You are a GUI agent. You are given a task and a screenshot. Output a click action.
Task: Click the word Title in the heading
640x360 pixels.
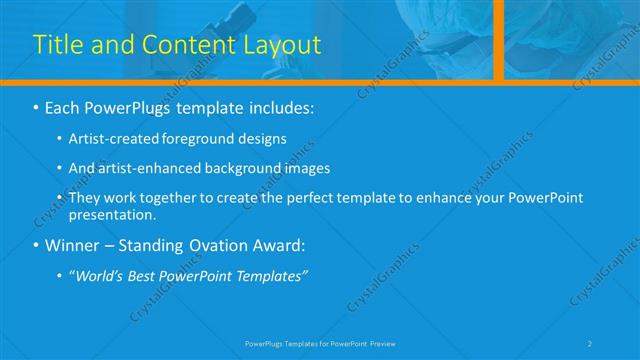tap(58, 45)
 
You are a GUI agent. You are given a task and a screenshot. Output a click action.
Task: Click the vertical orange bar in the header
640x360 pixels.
tap(498, 40)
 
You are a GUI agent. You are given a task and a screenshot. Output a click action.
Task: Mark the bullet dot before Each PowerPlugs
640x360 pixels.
tap(37, 106)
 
